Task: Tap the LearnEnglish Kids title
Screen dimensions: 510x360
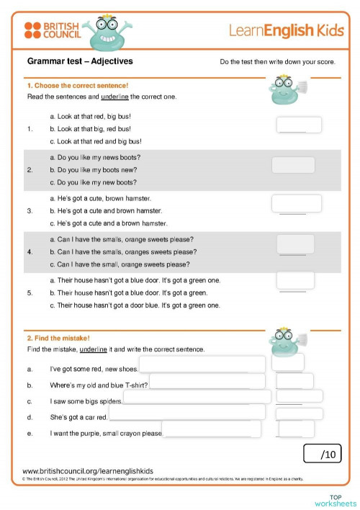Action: coord(282,30)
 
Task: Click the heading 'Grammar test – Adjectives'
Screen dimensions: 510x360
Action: coord(80,62)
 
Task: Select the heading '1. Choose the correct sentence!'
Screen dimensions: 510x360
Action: coord(77,86)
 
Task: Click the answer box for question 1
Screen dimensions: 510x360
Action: coord(299,125)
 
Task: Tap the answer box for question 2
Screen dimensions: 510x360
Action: coord(293,165)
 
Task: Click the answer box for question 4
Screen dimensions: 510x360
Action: coord(295,243)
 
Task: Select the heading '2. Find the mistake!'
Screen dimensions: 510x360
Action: coord(58,338)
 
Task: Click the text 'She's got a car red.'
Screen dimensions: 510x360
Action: coord(78,417)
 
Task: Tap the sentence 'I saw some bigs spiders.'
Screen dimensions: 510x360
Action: coord(86,401)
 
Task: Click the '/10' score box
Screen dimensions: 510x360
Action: coord(323,454)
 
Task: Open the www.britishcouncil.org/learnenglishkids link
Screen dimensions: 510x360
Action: coord(88,470)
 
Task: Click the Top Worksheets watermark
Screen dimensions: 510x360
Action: coord(335,500)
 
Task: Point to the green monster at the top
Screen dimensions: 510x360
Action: coord(109,32)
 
